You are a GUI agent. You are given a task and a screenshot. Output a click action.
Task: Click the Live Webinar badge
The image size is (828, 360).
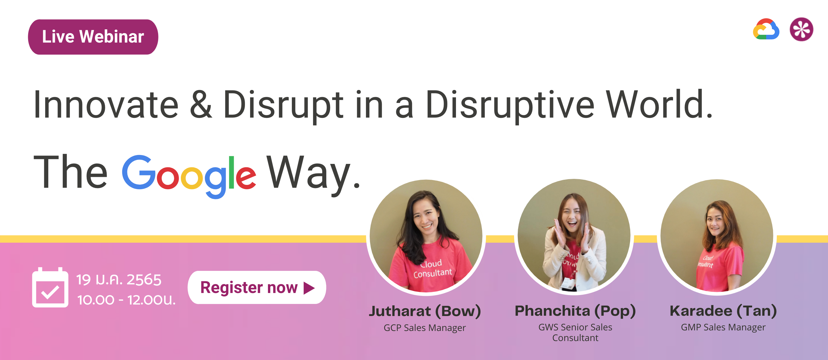coord(93,37)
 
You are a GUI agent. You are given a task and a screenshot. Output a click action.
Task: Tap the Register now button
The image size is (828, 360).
coord(256,287)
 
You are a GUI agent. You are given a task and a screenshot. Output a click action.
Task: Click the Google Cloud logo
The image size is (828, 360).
coord(766,30)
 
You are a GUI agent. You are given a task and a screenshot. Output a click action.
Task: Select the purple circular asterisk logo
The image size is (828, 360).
coord(801,29)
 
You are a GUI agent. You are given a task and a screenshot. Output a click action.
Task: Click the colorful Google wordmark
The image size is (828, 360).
coord(189,175)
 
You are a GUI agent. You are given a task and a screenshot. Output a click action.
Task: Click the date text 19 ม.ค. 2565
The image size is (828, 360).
coord(119,280)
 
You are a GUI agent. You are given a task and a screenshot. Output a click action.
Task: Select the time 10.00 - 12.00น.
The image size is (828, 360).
coord(126,300)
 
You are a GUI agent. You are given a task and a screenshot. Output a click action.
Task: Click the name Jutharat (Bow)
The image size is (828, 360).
coord(425,311)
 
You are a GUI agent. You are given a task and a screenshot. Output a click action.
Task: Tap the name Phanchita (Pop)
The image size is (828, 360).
coord(575,311)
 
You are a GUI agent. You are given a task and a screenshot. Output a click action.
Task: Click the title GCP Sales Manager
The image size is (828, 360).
coord(425,328)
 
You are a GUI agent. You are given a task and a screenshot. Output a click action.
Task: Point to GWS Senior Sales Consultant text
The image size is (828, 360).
coord(575,332)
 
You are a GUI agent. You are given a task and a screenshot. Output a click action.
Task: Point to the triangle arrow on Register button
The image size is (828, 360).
coord(309,288)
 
